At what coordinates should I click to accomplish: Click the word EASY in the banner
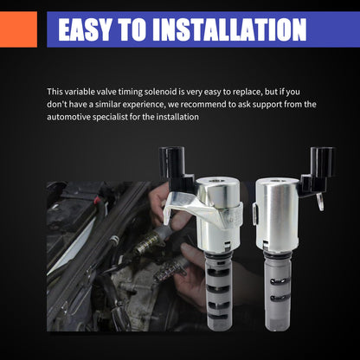point(85,29)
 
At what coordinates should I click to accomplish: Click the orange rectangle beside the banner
point(18,29)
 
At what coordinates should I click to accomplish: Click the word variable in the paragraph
point(80,92)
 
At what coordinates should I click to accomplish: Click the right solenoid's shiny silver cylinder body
point(277,214)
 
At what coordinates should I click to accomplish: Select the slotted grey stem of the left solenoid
point(218,291)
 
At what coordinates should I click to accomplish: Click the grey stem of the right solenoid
point(278,292)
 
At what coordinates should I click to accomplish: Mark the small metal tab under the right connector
point(320,202)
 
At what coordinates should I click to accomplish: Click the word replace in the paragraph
point(247,93)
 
